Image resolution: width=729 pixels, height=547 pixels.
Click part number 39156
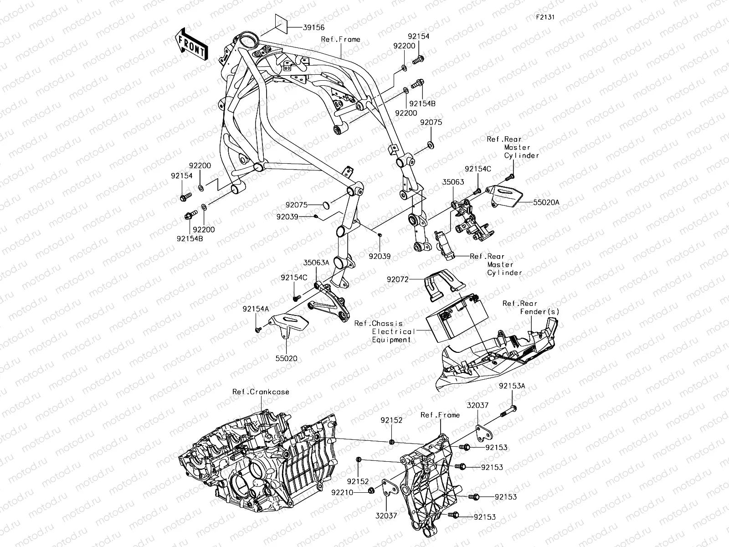click(313, 28)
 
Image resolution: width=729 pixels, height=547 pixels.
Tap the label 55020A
click(546, 202)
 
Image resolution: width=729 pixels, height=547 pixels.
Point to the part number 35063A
click(316, 263)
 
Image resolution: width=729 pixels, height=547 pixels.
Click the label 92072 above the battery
click(399, 279)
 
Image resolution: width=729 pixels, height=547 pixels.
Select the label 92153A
click(512, 386)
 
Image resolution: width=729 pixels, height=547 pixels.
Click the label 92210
click(342, 492)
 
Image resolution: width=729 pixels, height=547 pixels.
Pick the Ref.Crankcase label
click(261, 392)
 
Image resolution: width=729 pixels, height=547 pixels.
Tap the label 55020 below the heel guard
click(286, 358)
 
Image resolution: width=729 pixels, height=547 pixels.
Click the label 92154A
click(256, 309)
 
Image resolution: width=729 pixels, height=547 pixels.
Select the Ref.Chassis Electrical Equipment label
click(385, 331)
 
